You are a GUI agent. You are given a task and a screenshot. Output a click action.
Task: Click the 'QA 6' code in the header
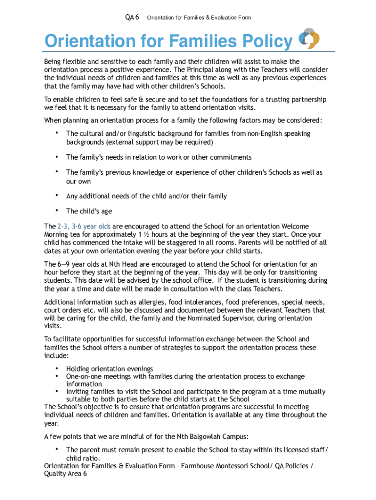pyautogui.click(x=132, y=18)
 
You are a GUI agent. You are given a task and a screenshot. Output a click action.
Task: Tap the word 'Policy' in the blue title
pyautogui.click(x=262, y=42)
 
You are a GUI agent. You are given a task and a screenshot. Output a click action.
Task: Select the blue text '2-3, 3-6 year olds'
pyautogui.click(x=84, y=227)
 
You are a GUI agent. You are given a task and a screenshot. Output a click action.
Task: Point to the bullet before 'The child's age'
pyautogui.click(x=57, y=210)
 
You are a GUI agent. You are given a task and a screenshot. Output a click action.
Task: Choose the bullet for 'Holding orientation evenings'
pyautogui.click(x=57, y=368)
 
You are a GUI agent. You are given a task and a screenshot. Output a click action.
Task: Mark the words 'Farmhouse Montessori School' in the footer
pyautogui.click(x=227, y=466)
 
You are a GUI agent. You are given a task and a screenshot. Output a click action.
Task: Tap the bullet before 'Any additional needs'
pyautogui.click(x=57, y=195)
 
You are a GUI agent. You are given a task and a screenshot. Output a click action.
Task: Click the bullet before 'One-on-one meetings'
pyautogui.click(x=57, y=376)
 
